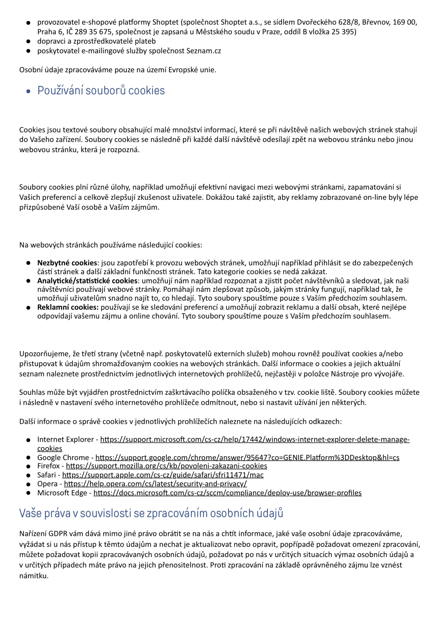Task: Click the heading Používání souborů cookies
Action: pos(101,91)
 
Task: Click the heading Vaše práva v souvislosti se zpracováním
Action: pos(151,513)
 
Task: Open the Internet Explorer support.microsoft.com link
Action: pos(255,439)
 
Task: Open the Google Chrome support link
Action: pos(247,457)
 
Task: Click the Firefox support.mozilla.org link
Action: pos(166,466)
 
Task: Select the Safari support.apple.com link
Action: pos(163,475)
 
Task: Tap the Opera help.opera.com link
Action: pos(155,484)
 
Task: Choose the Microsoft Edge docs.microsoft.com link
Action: pos(227,493)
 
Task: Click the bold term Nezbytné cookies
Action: pos(67,263)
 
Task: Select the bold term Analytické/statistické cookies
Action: pos(87,281)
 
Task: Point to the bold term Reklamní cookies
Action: pos(68,307)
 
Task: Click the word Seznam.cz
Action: pos(203,51)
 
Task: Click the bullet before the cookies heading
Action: pos(28,91)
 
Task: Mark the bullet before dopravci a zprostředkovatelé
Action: pos(28,42)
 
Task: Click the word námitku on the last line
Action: pos(34,576)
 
